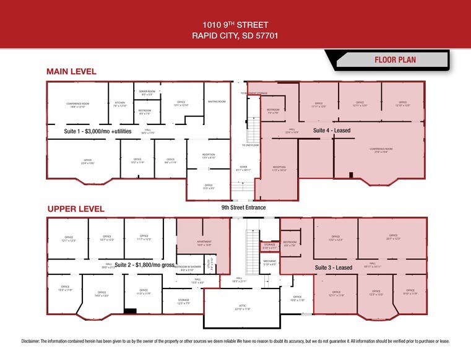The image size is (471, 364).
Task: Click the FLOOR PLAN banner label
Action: tap(395, 60)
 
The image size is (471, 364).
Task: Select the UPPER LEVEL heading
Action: tap(75, 209)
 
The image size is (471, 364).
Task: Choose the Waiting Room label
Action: tap(217, 102)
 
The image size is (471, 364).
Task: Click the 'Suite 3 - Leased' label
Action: tap(334, 267)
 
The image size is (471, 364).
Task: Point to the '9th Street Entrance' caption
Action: tap(243, 207)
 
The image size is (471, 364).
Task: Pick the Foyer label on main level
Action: tap(244, 168)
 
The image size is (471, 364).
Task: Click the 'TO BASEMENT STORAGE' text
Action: tap(254, 93)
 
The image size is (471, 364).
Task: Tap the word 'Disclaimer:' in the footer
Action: tap(34, 341)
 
